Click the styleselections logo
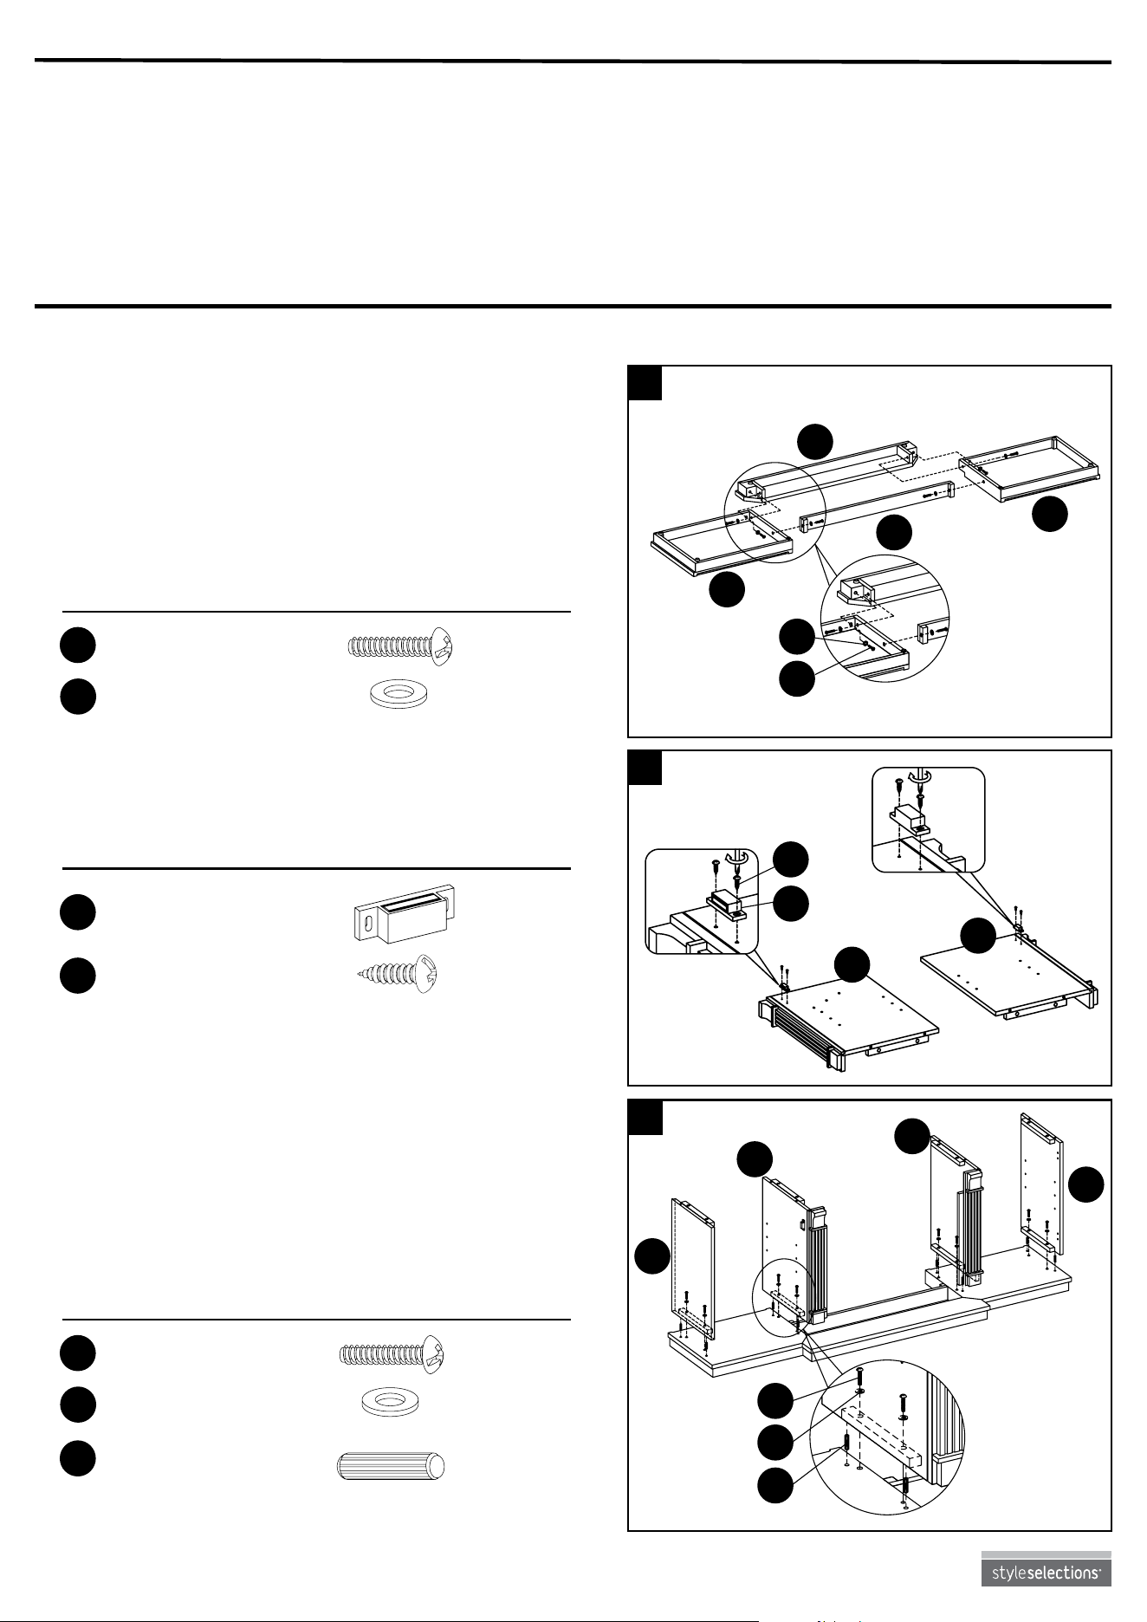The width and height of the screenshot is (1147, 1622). click(x=1046, y=1571)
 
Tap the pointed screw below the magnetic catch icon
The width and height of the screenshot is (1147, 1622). click(x=399, y=974)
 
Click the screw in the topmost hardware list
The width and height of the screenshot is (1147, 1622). click(x=400, y=646)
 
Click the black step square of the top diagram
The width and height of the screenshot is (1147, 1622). click(x=645, y=383)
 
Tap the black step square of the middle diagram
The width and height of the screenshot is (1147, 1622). click(x=645, y=768)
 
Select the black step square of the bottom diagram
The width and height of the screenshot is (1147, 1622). click(x=645, y=1118)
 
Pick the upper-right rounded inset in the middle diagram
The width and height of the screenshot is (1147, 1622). click(x=928, y=819)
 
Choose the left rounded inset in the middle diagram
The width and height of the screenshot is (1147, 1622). click(x=702, y=902)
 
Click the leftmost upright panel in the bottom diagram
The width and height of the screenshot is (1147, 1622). click(x=693, y=1272)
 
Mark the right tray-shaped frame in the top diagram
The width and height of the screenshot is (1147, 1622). click(x=1030, y=469)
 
